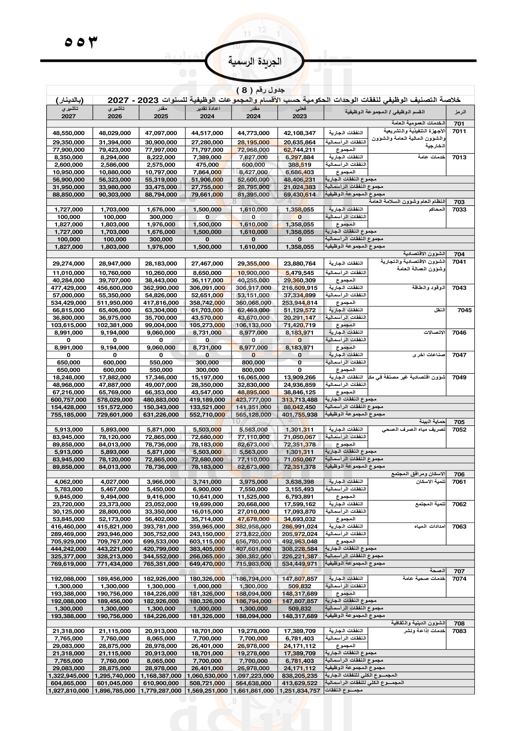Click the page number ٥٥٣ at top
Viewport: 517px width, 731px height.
click(81, 42)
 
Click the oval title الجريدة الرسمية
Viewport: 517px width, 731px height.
click(255, 61)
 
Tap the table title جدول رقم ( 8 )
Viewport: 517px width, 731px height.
click(260, 90)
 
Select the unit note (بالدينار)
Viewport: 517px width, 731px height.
click(70, 100)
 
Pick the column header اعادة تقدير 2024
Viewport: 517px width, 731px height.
click(207, 113)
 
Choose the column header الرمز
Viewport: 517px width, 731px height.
click(460, 112)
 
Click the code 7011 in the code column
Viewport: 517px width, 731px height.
click(459, 131)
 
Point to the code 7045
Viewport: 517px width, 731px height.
click(464, 310)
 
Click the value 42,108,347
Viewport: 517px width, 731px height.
click(299, 133)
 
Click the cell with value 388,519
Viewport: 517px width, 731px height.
click(299, 165)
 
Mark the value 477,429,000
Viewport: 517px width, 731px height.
click(69, 288)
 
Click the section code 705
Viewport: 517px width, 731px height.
click(459, 422)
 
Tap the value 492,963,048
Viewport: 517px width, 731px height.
click(299, 542)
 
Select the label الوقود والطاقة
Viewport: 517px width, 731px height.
click(429, 288)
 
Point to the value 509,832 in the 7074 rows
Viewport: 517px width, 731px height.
click(299, 586)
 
